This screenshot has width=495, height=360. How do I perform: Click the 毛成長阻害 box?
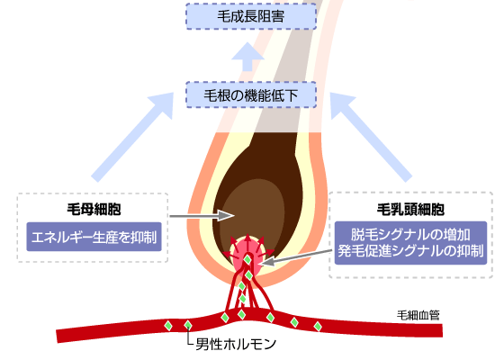[x=251, y=16]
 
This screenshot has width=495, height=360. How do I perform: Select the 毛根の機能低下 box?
[x=251, y=94]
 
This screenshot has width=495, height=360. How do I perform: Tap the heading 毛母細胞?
[x=94, y=209]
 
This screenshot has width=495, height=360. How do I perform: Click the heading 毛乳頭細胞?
[x=410, y=210]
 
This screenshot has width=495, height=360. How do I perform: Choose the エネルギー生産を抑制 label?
[x=94, y=237]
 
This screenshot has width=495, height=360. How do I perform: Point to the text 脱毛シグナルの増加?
[x=410, y=234]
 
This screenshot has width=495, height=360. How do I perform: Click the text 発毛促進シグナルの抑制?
[x=410, y=251]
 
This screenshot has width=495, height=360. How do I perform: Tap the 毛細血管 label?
[x=418, y=315]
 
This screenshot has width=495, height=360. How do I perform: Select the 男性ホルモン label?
[x=236, y=344]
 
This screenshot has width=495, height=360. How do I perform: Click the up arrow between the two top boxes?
[x=247, y=57]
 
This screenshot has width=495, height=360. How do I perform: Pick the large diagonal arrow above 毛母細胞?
[x=132, y=137]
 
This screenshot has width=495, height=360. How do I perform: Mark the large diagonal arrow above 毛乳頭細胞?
[x=371, y=137]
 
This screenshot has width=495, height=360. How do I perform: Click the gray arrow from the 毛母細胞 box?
[x=202, y=216]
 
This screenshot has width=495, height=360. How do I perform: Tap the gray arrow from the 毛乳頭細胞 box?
[x=296, y=258]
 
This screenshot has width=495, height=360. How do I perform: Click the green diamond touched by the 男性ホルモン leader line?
[x=188, y=325]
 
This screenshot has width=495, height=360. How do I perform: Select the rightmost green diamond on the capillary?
[x=318, y=326]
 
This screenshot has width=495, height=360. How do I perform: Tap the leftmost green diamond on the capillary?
[x=168, y=325]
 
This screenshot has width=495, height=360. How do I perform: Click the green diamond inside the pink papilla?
[x=247, y=259]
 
